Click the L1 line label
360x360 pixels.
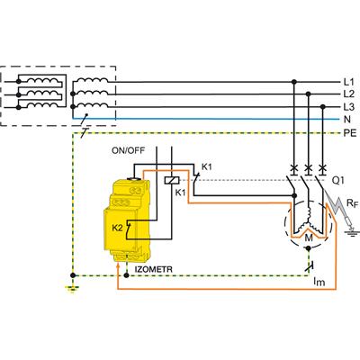pos(348,82)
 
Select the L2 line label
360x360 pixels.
pos(349,94)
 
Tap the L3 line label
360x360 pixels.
pos(349,107)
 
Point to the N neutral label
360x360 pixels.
pos(347,120)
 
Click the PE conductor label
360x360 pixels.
pos(350,132)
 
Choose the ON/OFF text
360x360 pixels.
pos(128,150)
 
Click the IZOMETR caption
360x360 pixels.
pos(154,269)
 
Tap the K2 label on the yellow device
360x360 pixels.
pos(117,228)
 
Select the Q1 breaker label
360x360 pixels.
pos(338,181)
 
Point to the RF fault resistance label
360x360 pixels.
pos(352,203)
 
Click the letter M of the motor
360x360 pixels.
pos(309,238)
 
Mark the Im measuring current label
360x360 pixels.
pos(319,282)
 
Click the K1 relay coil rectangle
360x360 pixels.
pos(172,180)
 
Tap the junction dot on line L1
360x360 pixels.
pos(294,82)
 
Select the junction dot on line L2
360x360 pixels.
pos(309,94)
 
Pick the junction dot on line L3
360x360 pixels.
pos(323,107)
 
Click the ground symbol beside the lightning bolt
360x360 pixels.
pos(351,232)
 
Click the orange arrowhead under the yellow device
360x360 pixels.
pos(118,264)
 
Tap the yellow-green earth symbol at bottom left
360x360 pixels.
pos(72,290)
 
